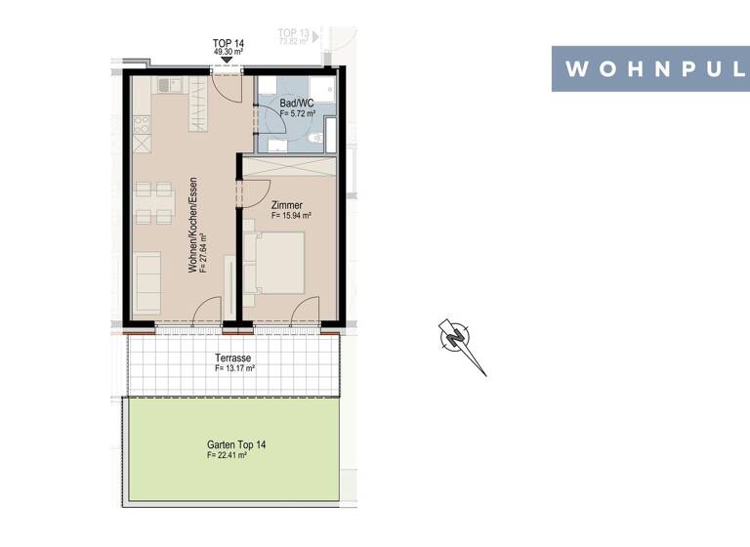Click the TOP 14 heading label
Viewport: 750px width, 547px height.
click(227, 43)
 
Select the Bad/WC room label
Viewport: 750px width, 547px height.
click(296, 103)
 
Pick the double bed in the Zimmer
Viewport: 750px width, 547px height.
click(278, 261)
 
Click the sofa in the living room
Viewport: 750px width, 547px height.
click(147, 282)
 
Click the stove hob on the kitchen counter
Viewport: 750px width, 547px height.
click(142, 125)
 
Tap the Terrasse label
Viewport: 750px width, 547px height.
click(233, 358)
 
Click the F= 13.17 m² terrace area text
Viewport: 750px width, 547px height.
click(234, 369)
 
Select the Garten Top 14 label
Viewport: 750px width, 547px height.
click(235, 444)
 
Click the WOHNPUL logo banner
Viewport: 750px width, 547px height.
click(650, 68)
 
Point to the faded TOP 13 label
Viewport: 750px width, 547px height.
click(293, 34)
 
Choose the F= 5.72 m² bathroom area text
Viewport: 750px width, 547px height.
click(297, 113)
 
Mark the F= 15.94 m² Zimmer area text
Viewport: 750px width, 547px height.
click(290, 216)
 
